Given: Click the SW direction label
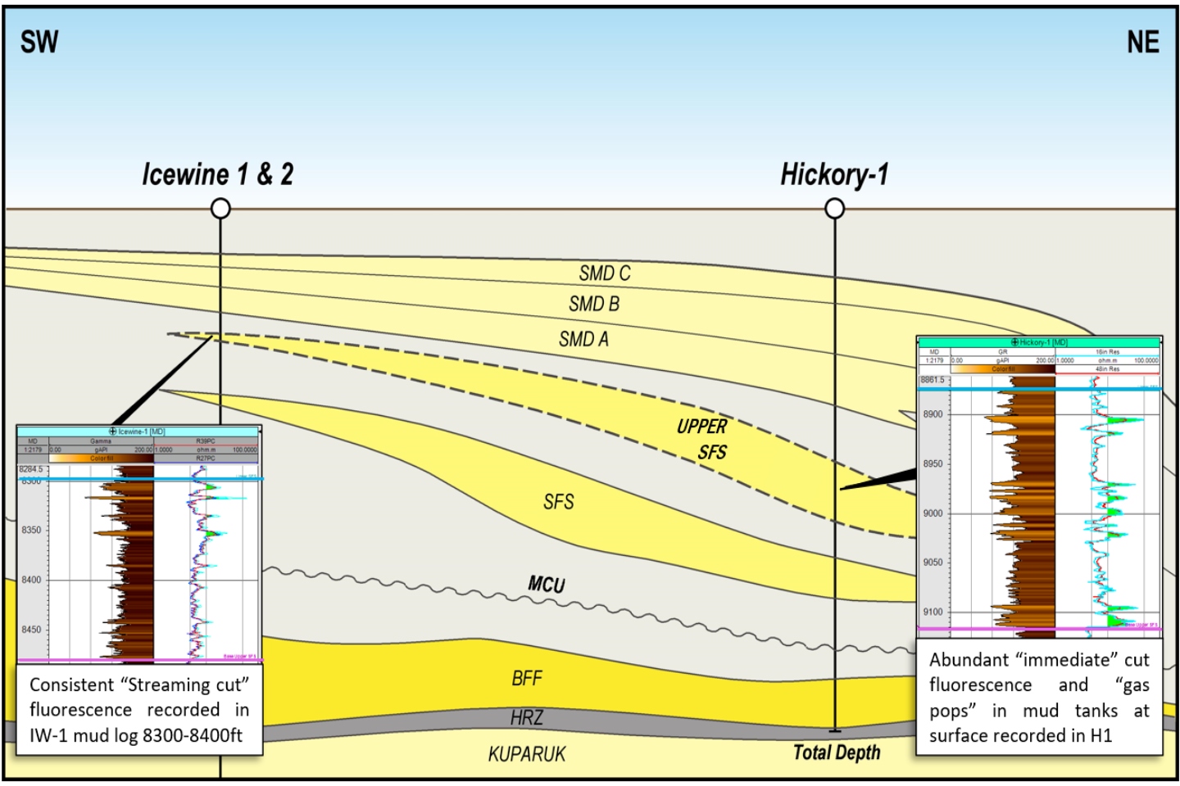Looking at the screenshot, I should pyautogui.click(x=39, y=42).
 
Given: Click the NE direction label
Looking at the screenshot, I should pyautogui.click(x=1142, y=42).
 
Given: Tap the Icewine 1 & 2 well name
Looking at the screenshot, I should pyautogui.click(x=217, y=174).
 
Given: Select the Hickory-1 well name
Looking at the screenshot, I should pyautogui.click(x=833, y=174).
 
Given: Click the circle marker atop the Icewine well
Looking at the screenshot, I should pyautogui.click(x=220, y=209).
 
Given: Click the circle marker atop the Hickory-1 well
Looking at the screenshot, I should pyautogui.click(x=834, y=209).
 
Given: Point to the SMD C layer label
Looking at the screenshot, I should pyautogui.click(x=605, y=273).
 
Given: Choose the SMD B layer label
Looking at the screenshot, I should pyautogui.click(x=594, y=305).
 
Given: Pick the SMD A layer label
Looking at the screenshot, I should pyautogui.click(x=583, y=339).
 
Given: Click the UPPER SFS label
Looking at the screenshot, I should pyautogui.click(x=703, y=439).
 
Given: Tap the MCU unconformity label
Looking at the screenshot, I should pyautogui.click(x=546, y=584).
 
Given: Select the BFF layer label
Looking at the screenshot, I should pyautogui.click(x=527, y=678).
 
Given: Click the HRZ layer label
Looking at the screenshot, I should pyautogui.click(x=526, y=718).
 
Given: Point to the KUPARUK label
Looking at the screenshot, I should pyautogui.click(x=527, y=754).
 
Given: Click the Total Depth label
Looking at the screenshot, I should pyautogui.click(x=837, y=752).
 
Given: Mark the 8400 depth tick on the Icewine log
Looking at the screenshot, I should pyautogui.click(x=31, y=580).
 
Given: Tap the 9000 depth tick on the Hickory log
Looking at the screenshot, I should pyautogui.click(x=933, y=513).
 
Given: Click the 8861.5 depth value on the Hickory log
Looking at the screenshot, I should pyautogui.click(x=933, y=380).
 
